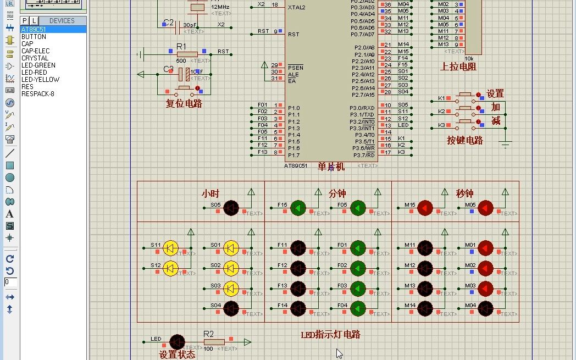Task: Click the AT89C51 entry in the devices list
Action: coord(34,29)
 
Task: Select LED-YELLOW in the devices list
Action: coord(40,79)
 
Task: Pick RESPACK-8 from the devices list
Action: coord(38,93)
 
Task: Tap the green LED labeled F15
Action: coord(298,208)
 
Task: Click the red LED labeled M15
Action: coord(425,208)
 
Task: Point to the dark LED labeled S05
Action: coord(231,208)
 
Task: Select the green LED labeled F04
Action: coord(358,308)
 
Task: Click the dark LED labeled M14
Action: coord(425,308)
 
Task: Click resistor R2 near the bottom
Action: coord(214,341)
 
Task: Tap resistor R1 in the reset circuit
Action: coord(187,54)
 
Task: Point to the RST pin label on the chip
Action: coord(293,34)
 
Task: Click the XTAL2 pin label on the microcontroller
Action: coord(296,7)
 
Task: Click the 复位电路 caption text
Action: coord(184,103)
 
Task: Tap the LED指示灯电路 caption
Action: coord(331,335)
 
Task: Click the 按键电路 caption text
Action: coord(465,140)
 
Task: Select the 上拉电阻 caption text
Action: coord(458,67)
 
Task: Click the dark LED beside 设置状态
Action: coord(177,342)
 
